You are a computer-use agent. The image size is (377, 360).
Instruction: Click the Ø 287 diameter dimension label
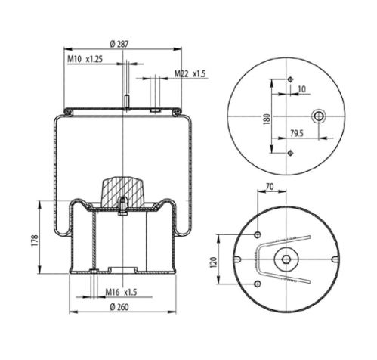click(x=119, y=44)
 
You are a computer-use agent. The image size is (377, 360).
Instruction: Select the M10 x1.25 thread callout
click(x=85, y=59)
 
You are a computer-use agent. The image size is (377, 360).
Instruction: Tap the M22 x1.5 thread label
click(x=190, y=74)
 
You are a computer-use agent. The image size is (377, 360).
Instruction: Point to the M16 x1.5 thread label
click(x=121, y=293)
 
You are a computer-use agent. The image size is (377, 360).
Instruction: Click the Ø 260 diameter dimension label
click(x=119, y=307)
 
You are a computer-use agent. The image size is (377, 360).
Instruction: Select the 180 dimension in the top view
click(x=266, y=119)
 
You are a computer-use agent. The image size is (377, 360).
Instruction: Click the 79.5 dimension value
click(x=297, y=133)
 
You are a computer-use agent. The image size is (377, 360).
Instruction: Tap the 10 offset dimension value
click(x=301, y=89)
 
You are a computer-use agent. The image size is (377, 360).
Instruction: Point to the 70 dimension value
click(x=270, y=187)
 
